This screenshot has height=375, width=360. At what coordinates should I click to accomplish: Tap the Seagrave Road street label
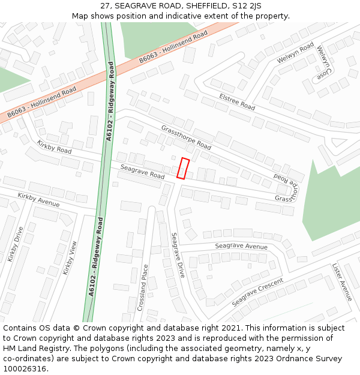[x=142, y=172]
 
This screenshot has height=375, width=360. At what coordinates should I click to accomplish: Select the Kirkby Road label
[x=54, y=146]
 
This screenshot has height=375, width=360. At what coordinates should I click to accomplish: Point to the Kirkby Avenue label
[x=38, y=200]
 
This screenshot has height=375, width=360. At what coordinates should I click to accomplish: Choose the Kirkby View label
[x=70, y=258]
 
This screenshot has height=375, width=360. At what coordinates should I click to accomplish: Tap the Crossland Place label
[x=142, y=288]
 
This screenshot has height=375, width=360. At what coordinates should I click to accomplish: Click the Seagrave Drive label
[x=178, y=255]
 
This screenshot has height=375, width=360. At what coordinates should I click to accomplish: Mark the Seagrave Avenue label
[x=241, y=247]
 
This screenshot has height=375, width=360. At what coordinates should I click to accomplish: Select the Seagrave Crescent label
[x=257, y=292]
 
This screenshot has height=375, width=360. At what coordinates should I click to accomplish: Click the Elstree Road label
[x=237, y=101]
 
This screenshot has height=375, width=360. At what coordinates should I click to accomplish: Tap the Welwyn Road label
[x=295, y=53]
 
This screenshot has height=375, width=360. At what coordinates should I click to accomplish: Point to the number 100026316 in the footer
[x=25, y=369]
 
